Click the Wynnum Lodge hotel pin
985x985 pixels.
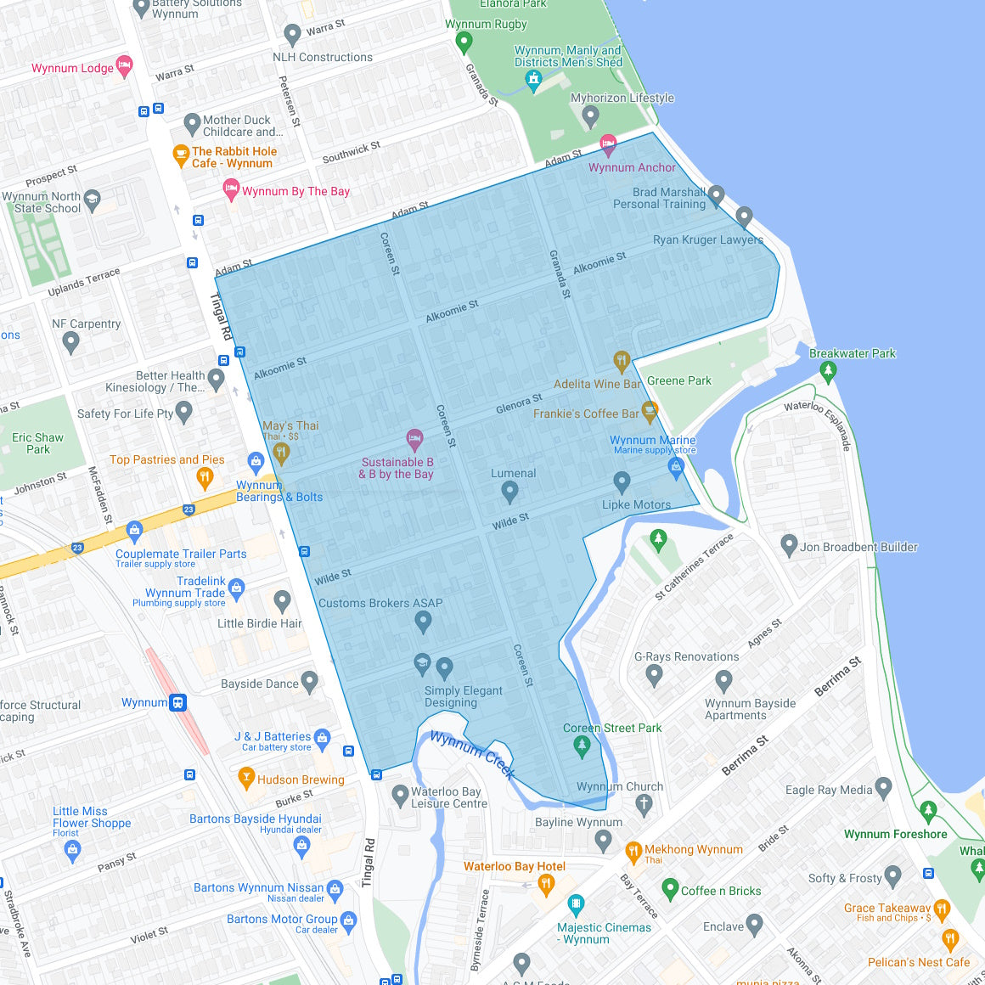pyautogui.click(x=124, y=66)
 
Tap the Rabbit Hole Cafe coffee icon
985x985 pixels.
pyautogui.click(x=181, y=155)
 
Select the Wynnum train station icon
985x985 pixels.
pyautogui.click(x=178, y=702)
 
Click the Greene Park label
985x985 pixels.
pyautogui.click(x=679, y=380)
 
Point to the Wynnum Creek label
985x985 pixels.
pyautogui.click(x=472, y=754)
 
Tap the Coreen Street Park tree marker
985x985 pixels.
pyautogui.click(x=582, y=746)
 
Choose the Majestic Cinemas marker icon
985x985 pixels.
pyautogui.click(x=576, y=903)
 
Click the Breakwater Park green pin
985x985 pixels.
pyautogui.click(x=828, y=370)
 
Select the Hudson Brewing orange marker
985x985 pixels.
pyautogui.click(x=246, y=776)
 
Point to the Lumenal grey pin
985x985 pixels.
pyautogui.click(x=509, y=491)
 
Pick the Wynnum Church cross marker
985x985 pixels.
pyautogui.click(x=644, y=803)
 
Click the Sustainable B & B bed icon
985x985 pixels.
pyautogui.click(x=414, y=439)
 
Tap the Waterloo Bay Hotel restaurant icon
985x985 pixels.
pyautogui.click(x=547, y=884)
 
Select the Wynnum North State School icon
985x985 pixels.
pyautogui.click(x=92, y=201)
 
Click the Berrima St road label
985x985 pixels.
pyautogui.click(x=837, y=676)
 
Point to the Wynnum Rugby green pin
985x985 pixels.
pyautogui.click(x=464, y=40)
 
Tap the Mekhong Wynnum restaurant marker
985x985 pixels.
pyautogui.click(x=633, y=851)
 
